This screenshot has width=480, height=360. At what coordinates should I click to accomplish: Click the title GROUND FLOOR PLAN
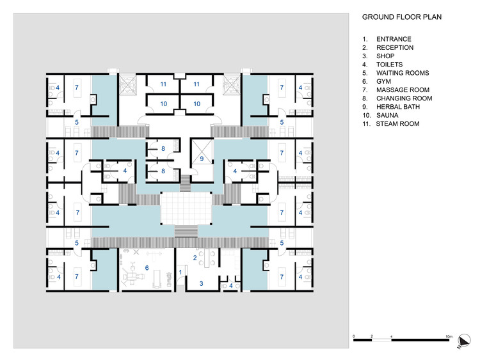pos(402,17)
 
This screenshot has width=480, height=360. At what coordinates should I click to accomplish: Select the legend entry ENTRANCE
pos(394,39)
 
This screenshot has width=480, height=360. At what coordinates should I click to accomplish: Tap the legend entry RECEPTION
pos(395,47)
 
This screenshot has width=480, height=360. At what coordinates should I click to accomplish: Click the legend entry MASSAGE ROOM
pos(403,90)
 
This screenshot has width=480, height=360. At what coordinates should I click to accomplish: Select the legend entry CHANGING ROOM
pos(404,98)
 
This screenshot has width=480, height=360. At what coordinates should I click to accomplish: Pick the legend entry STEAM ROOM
pos(397,123)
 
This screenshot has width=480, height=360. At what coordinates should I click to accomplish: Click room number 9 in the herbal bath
pos(201,159)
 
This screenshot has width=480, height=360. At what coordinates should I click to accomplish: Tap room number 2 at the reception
pos(195,258)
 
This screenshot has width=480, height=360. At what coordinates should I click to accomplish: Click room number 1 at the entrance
pos(180,272)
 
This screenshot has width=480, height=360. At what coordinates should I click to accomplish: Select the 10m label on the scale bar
pos(449,336)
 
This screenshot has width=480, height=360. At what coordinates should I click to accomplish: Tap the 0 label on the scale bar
pos(354,336)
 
